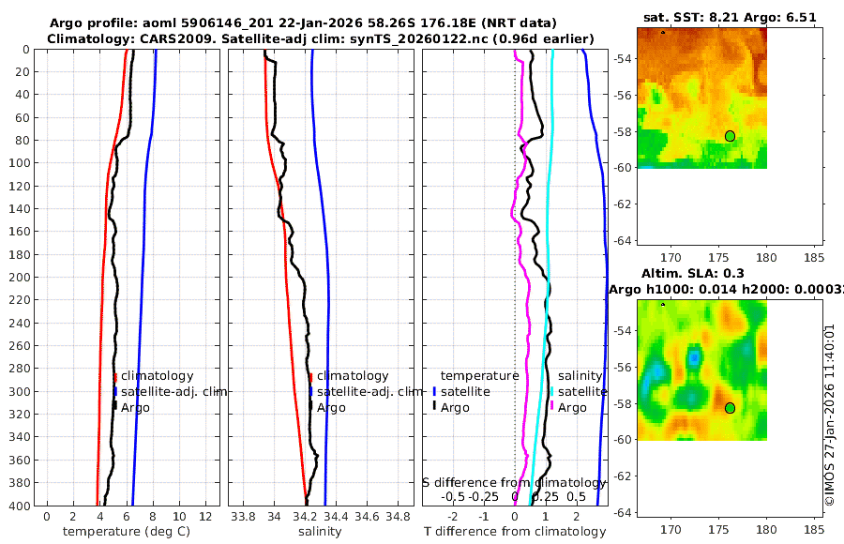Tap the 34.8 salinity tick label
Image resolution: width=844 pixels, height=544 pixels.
(x=399, y=517)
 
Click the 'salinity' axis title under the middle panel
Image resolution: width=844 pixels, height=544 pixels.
(x=320, y=532)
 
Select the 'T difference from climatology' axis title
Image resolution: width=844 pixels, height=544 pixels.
(x=515, y=532)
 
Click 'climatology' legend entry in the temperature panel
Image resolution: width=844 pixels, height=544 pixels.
(x=157, y=376)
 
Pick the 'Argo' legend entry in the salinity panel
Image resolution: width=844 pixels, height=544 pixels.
(x=331, y=407)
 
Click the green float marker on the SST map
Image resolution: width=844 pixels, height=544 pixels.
(x=730, y=136)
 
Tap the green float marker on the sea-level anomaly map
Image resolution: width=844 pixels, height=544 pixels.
(x=730, y=408)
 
